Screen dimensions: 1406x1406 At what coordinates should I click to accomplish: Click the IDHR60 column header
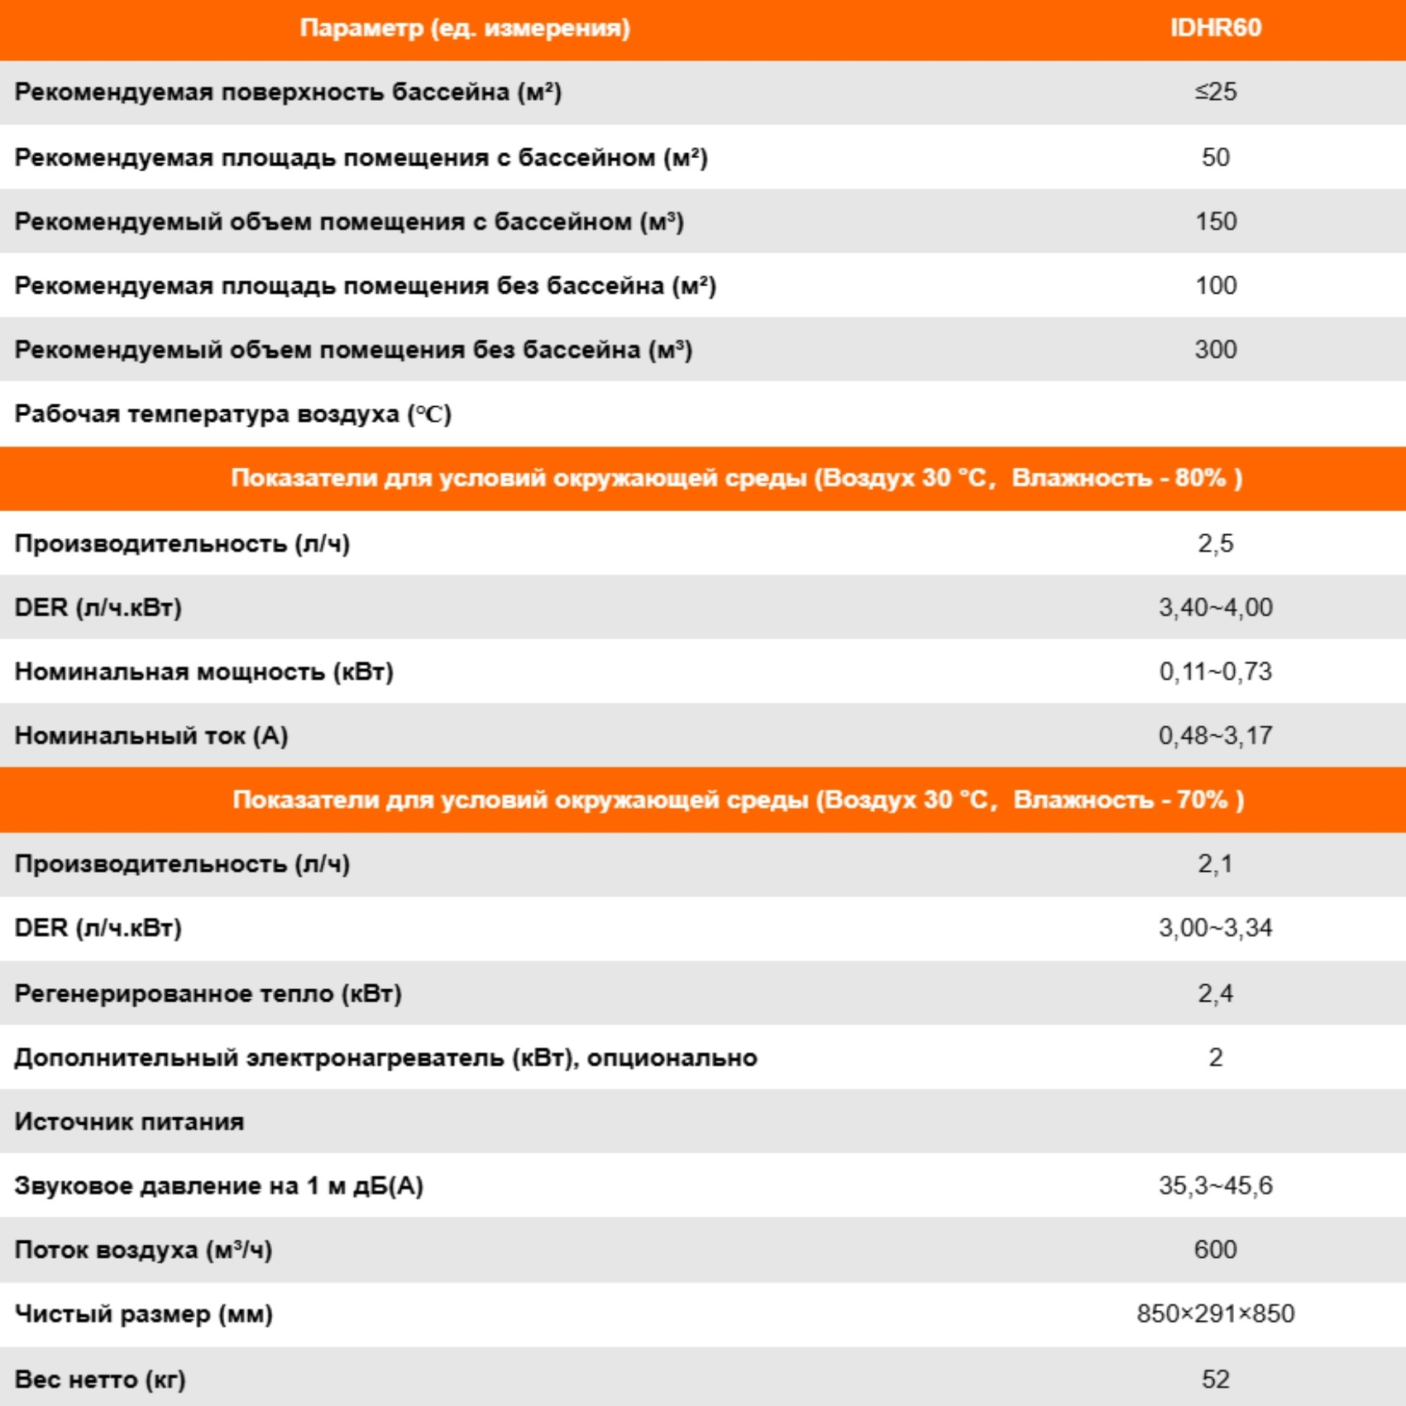1215,28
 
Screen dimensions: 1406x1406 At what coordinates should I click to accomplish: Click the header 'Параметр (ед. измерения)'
465,28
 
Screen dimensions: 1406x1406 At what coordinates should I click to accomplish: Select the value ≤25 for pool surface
1215,92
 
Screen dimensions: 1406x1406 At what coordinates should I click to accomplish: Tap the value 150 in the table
1215,222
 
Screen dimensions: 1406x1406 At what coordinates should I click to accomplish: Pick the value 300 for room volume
1215,350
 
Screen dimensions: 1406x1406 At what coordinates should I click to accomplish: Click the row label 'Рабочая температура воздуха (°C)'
233,414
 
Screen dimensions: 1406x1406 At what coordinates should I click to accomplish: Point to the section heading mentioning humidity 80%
736,478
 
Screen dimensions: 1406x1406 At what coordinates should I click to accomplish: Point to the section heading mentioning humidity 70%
738,800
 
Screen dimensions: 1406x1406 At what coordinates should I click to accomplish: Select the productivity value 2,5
1215,543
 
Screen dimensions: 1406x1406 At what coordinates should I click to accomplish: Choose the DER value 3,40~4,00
1215,608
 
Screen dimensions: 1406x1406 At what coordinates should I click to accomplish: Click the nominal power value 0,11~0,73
1215,672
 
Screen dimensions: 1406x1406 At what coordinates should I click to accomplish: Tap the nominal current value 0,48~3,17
1215,735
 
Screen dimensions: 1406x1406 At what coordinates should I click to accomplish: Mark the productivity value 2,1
1215,864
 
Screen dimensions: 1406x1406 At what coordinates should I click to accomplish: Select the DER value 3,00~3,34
1215,928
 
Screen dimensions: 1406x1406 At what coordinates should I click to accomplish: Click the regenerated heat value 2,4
1215,993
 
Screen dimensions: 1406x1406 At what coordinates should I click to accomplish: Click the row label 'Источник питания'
130,1121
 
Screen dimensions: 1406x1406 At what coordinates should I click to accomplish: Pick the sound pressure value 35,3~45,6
1215,1186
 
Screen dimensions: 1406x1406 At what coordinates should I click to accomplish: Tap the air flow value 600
1215,1250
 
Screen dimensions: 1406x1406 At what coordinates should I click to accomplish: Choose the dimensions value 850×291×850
1215,1314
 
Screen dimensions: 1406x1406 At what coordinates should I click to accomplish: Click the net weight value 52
1215,1379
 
